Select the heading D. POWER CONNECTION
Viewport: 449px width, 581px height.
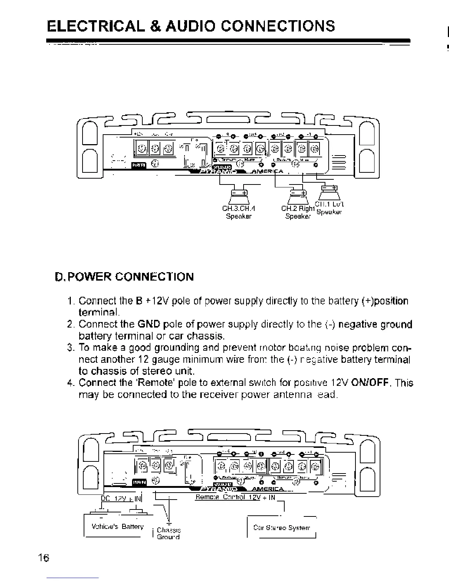point(124,276)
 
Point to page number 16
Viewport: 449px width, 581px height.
point(43,558)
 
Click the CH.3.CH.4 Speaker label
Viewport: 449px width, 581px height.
point(239,212)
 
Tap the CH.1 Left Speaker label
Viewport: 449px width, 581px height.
point(329,208)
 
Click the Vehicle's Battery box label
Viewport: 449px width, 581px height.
point(117,527)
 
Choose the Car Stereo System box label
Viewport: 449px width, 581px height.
point(281,528)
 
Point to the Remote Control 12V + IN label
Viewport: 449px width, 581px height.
point(235,498)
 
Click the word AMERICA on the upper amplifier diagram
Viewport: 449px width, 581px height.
point(270,171)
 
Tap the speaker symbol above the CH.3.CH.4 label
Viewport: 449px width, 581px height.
point(239,194)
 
